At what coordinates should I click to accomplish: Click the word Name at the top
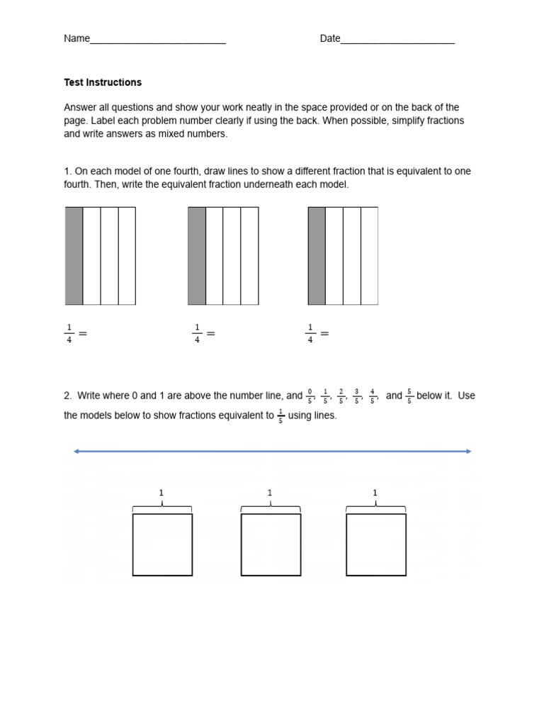76,39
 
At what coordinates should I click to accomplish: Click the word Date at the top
330,39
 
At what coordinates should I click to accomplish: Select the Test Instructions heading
103,82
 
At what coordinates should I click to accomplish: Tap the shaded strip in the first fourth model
74,256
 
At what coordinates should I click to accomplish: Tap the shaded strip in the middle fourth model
197,256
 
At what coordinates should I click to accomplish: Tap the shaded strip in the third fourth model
317,256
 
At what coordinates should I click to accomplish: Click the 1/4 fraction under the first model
69,333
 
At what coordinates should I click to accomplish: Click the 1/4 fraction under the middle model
197,333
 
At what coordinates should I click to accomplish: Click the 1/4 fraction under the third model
310,333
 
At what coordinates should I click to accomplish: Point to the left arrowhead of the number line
76,451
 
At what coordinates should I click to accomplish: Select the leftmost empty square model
162,544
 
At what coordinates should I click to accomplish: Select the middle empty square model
271,544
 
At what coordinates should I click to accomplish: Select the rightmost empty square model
376,544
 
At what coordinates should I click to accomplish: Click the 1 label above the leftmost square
161,493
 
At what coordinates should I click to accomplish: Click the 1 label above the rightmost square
375,493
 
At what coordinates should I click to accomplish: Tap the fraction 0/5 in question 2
310,396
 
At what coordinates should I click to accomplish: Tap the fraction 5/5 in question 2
409,396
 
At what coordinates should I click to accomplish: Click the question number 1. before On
67,172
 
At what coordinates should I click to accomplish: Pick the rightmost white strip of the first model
127,256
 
